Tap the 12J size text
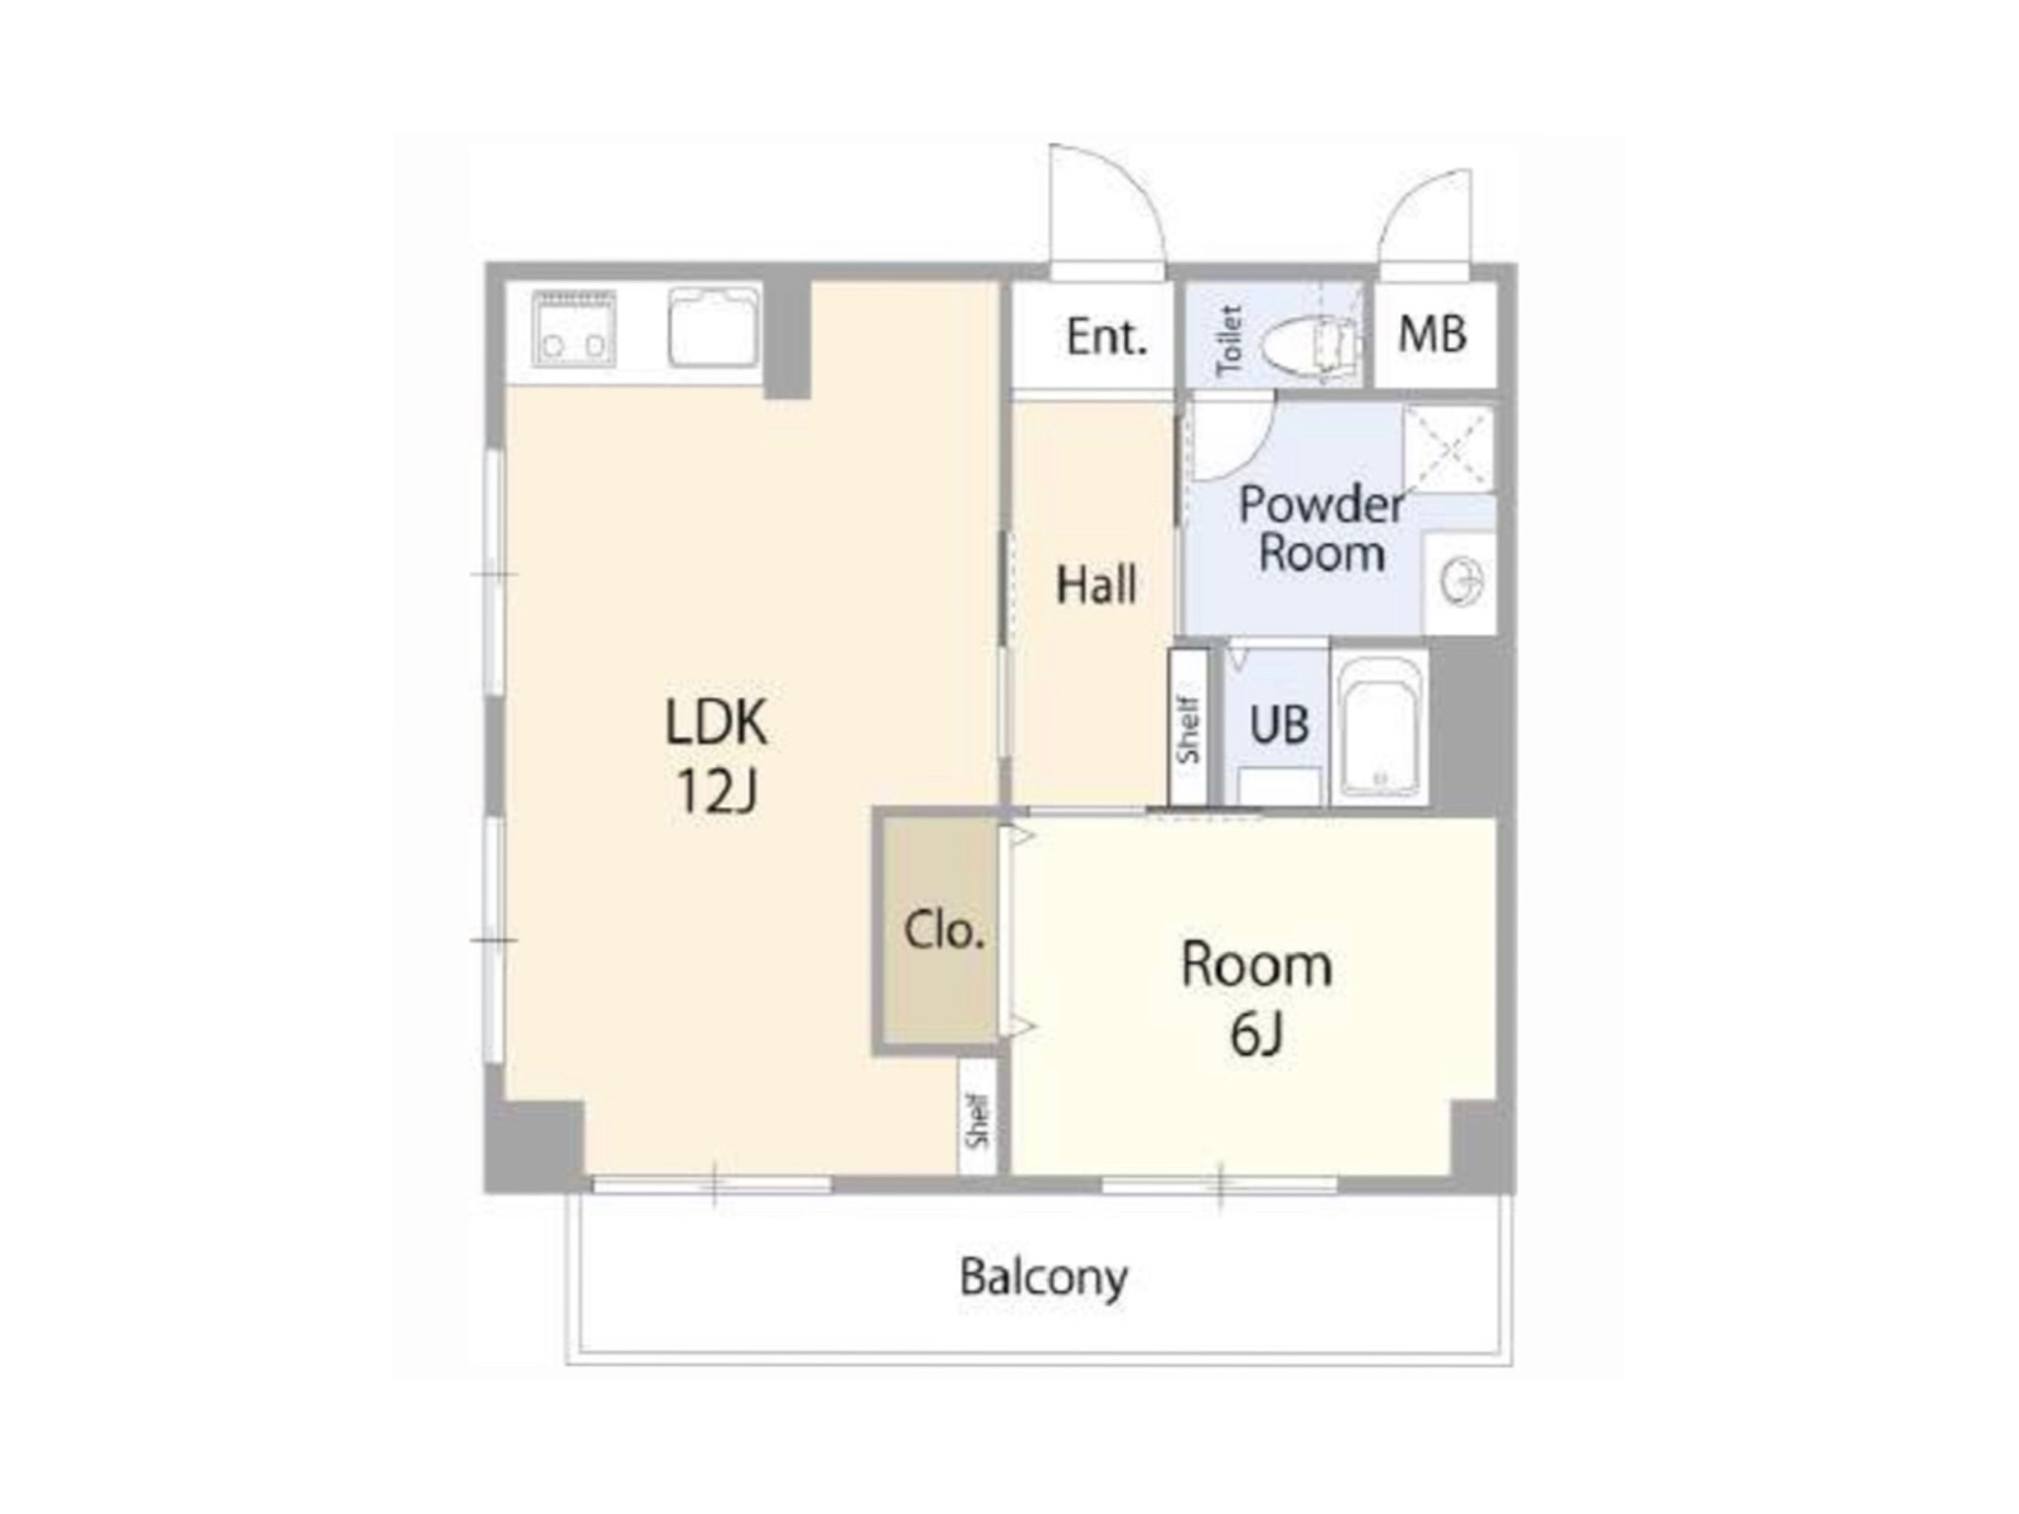coord(717,791)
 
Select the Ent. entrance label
coord(1107,337)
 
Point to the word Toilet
coord(1229,340)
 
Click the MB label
coord(1432,334)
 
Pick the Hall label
coord(1096,585)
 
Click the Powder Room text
coord(1322,528)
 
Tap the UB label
coord(1279,724)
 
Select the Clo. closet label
coord(944,929)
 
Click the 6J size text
coord(1256,1034)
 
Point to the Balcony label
coord(1044,1278)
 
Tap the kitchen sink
coord(715,327)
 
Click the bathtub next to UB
coord(1380,726)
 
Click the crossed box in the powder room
coord(1448,447)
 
